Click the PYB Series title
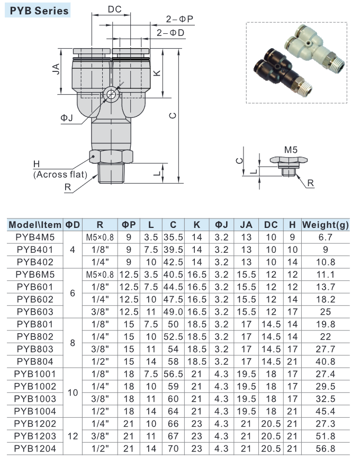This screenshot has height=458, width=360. click(37, 10)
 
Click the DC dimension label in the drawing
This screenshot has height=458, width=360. click(114, 9)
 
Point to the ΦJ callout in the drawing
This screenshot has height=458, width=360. click(67, 118)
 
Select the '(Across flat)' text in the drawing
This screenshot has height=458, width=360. click(59, 174)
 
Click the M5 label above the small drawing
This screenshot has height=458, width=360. click(291, 150)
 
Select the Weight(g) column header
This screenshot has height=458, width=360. click(325, 225)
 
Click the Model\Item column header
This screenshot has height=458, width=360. click(35, 225)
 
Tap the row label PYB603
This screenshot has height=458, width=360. click(35, 312)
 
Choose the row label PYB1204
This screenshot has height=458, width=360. click(35, 448)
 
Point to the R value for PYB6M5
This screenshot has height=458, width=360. click(100, 274)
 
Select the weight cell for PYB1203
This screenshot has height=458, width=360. click(325, 436)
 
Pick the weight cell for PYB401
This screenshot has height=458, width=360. click(325, 250)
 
